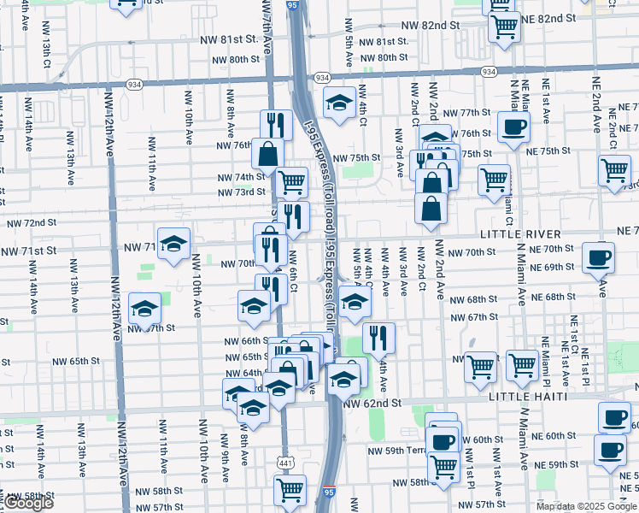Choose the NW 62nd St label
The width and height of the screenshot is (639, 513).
(372, 403)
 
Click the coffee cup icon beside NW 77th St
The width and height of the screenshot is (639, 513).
(513, 127)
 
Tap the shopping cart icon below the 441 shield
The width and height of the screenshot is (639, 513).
(290, 490)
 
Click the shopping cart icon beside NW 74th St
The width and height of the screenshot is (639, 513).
(292, 181)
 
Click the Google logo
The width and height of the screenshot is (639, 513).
(29, 504)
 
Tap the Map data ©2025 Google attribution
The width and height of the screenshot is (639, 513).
(585, 506)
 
